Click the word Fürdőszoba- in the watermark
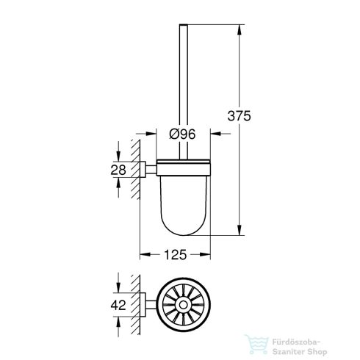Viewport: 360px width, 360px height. coord(315,321)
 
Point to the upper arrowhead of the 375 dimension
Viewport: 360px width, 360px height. coord(240,29)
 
